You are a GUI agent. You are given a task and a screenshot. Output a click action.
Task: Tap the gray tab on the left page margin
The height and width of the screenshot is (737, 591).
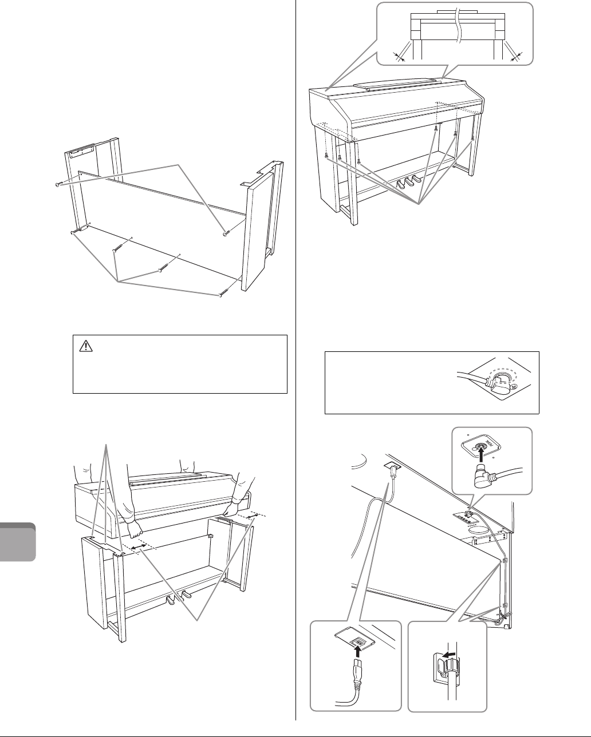click(19, 541)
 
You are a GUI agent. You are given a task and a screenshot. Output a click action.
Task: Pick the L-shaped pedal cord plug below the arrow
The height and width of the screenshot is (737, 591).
click(496, 474)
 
